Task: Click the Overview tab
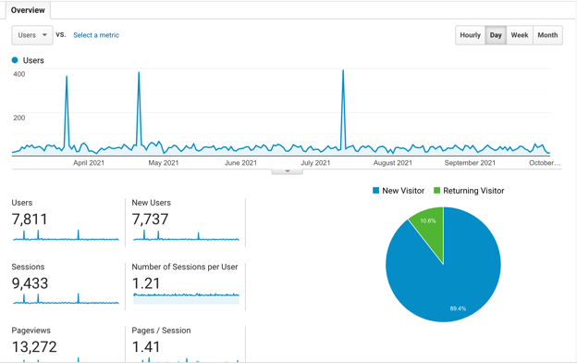coord(28,10)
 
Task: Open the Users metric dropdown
coord(31,35)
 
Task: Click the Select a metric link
coord(96,35)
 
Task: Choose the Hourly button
coord(470,35)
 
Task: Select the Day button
coord(496,35)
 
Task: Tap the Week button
coord(520,35)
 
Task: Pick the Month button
coord(547,35)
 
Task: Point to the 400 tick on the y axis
coord(18,74)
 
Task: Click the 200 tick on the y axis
coord(18,118)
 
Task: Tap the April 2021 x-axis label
coord(89,163)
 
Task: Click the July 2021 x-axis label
coord(315,163)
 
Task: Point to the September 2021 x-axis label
coord(470,163)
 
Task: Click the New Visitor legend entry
coord(399,191)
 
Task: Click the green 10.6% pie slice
coord(429,227)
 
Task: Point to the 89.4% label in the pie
coord(458,308)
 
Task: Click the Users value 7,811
coord(30,219)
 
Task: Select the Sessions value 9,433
coord(30,283)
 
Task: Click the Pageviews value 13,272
coord(34,347)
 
